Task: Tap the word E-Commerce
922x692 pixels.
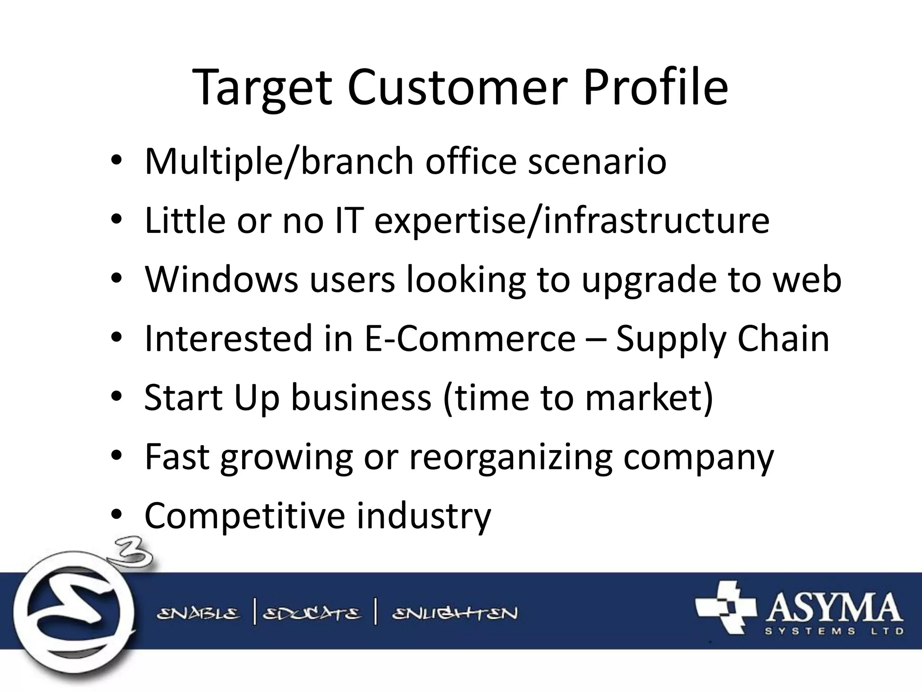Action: point(470,338)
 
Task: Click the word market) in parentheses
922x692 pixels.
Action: point(649,397)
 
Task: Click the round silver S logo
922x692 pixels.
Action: point(72,613)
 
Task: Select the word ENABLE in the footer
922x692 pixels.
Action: point(198,614)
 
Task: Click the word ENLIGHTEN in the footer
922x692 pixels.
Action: point(455,614)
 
